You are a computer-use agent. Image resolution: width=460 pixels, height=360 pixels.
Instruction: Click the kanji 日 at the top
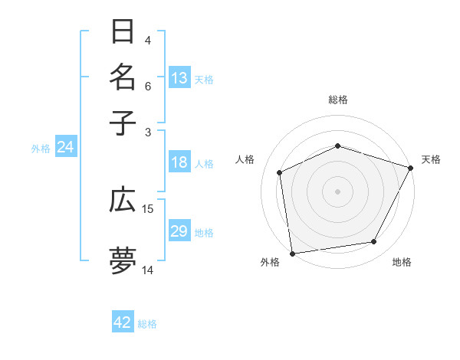point(123,33)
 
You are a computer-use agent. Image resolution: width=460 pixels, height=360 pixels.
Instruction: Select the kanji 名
point(123,77)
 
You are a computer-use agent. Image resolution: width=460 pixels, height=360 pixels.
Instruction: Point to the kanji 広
point(123,201)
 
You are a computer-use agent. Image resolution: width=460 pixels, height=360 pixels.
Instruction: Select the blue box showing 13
point(179,78)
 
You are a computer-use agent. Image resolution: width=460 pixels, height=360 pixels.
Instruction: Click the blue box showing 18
point(179,162)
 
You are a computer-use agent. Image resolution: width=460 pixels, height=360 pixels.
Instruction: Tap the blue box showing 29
point(179,231)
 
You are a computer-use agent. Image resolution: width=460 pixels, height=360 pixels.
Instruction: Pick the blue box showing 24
point(65,148)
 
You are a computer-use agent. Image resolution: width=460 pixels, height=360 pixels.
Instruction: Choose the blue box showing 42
point(123,322)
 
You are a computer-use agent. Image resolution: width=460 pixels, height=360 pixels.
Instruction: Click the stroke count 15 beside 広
point(148,208)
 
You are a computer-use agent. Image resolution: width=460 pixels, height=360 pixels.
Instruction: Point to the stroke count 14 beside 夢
point(148,270)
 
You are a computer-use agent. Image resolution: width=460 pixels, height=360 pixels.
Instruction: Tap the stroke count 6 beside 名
point(148,86)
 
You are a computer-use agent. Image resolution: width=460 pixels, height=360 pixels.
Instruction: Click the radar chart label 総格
point(337,100)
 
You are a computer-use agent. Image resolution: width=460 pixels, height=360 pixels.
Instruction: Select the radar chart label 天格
point(431,159)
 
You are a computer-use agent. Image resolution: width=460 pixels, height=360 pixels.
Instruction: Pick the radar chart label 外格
point(270,263)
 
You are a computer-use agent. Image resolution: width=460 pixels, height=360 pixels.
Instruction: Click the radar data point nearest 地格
point(374,242)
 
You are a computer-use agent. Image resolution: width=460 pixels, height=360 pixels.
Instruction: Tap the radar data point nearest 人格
point(280,172)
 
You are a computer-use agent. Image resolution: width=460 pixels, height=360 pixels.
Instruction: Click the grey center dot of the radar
point(337,191)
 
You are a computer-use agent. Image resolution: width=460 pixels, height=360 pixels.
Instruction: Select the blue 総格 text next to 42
point(147,324)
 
